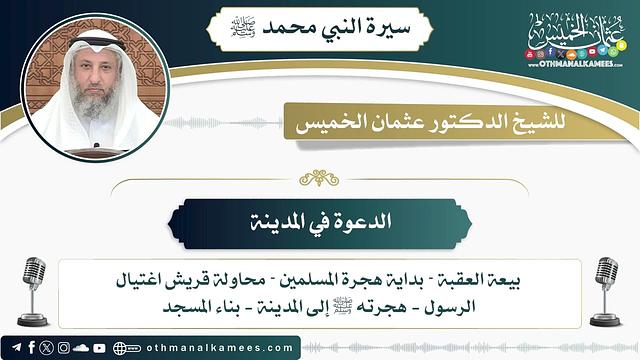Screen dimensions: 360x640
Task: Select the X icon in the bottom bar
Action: point(47,347)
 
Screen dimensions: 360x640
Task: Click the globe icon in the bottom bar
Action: point(122,347)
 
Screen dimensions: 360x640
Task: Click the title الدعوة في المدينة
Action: point(320,221)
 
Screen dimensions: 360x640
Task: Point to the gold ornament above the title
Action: point(320,178)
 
